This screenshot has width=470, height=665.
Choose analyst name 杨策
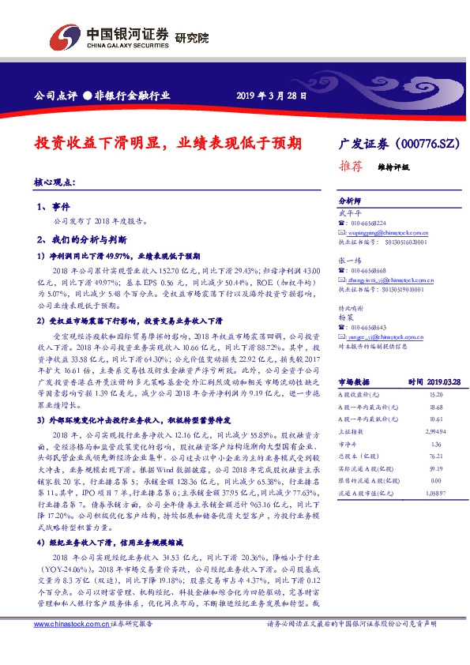pyautogui.click(x=344, y=316)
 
